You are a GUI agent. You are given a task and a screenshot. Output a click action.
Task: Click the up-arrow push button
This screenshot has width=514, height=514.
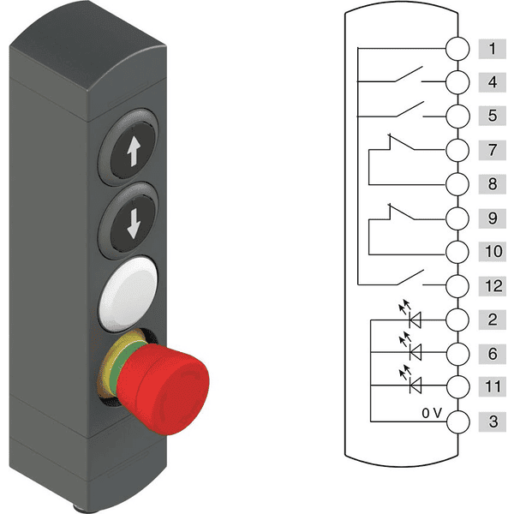128,148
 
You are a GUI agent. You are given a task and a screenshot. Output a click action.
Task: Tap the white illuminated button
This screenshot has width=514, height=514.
128,294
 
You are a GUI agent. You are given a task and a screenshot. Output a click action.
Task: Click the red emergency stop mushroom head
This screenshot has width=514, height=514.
163,389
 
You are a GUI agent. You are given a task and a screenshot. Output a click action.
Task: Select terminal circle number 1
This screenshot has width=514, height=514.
457,49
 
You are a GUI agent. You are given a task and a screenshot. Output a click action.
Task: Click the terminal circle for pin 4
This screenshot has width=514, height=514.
457,82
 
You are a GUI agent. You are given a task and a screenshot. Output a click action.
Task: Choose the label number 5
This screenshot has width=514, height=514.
492,116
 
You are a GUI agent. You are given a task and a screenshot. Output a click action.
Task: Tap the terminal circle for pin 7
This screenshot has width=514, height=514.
457,150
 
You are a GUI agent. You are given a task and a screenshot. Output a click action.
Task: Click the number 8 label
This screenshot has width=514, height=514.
492,184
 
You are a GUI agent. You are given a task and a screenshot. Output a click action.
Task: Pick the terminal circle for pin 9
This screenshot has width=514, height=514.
457,218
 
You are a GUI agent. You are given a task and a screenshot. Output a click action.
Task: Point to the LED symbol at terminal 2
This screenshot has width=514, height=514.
410,314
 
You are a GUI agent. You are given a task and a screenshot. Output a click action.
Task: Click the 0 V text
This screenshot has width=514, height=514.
432,413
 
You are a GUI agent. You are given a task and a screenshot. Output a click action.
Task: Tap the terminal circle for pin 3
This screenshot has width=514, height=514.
458,422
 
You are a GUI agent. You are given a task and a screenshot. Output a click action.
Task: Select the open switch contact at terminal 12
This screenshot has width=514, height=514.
409,278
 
